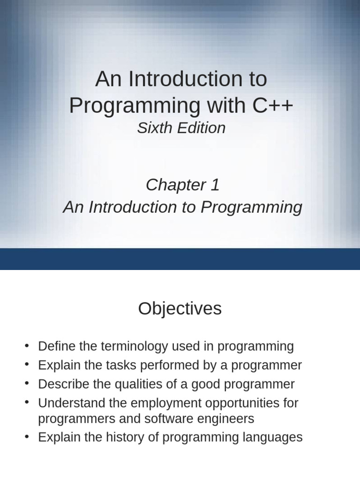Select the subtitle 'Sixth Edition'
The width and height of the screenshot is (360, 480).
[181, 128]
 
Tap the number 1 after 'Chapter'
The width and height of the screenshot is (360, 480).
[215, 185]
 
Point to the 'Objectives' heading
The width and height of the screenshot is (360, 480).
[180, 309]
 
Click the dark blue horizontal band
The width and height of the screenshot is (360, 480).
[180, 259]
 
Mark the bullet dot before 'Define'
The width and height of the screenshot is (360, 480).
[27, 346]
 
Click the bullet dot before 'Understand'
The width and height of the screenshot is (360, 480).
[27, 403]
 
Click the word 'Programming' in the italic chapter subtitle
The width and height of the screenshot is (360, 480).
[251, 207]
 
